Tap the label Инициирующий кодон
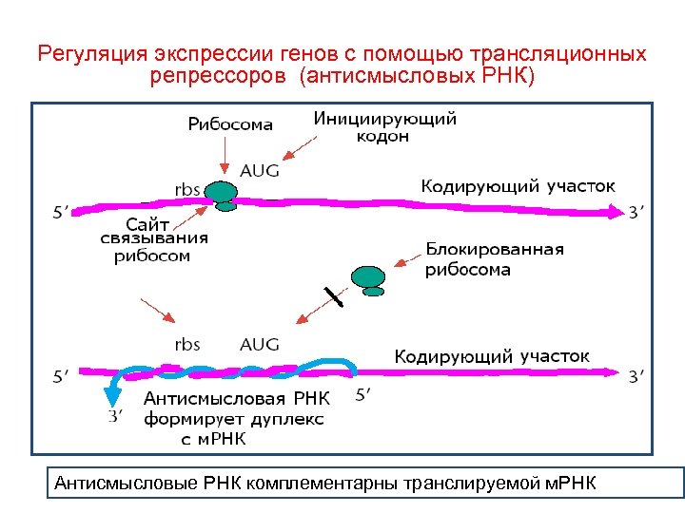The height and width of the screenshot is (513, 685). pyautogui.click(x=384, y=127)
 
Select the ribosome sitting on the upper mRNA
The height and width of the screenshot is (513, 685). pyautogui.click(x=224, y=195)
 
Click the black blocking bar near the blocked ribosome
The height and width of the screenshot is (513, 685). pyautogui.click(x=332, y=296)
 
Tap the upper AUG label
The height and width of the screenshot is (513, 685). pyautogui.click(x=260, y=171)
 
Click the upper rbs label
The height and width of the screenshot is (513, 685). pyautogui.click(x=186, y=189)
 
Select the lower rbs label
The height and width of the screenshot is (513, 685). pyautogui.click(x=186, y=344)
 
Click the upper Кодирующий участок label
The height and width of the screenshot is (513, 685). pyautogui.click(x=518, y=185)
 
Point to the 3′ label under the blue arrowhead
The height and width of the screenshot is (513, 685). pyautogui.click(x=114, y=414)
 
